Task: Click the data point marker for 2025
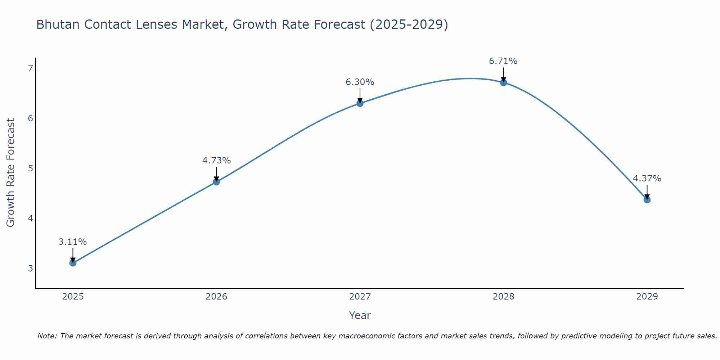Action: tap(73, 263)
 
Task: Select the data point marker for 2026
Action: tap(216, 182)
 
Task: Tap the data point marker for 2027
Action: tap(360, 103)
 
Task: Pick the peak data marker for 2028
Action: tap(504, 82)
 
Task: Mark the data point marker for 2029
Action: tap(647, 200)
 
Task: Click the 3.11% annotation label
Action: tap(73, 242)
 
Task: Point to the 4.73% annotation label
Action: tap(216, 161)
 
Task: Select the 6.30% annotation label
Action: tap(360, 82)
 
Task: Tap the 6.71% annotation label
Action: tap(503, 61)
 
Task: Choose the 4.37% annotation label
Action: tap(647, 179)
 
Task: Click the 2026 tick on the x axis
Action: tap(216, 297)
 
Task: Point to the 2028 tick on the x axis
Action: tap(504, 297)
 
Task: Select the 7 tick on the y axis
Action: tap(31, 68)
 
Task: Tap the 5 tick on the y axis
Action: tap(31, 168)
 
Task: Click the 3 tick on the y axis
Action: tap(31, 269)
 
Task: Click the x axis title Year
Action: tap(360, 315)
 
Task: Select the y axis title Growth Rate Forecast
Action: tap(11, 173)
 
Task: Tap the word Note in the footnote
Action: tap(47, 336)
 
